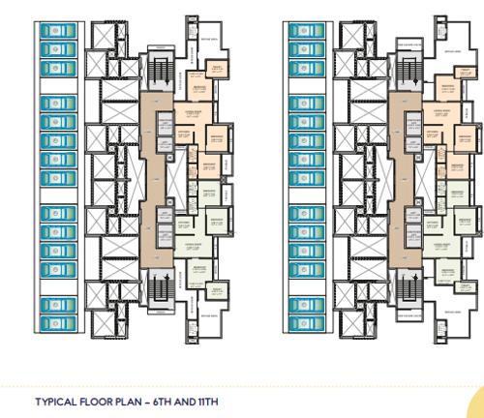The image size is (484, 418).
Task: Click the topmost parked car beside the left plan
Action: [54, 31]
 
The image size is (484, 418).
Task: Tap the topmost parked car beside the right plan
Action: [307, 31]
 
